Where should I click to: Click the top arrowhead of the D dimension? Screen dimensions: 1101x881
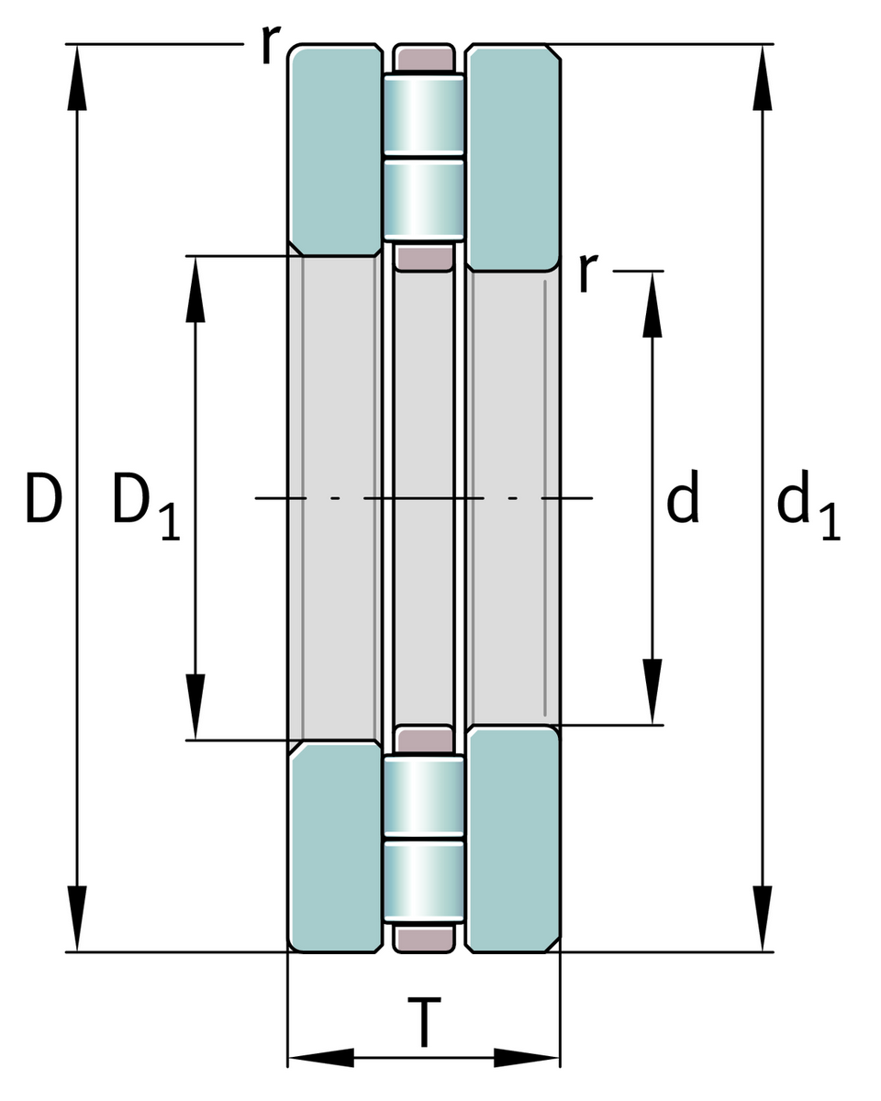[77, 78]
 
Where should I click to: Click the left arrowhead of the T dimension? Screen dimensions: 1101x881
[321, 1057]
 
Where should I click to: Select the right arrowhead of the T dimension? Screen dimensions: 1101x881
[527, 1057]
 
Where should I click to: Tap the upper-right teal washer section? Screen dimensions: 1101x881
[513, 156]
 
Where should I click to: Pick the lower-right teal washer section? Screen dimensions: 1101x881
[513, 840]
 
